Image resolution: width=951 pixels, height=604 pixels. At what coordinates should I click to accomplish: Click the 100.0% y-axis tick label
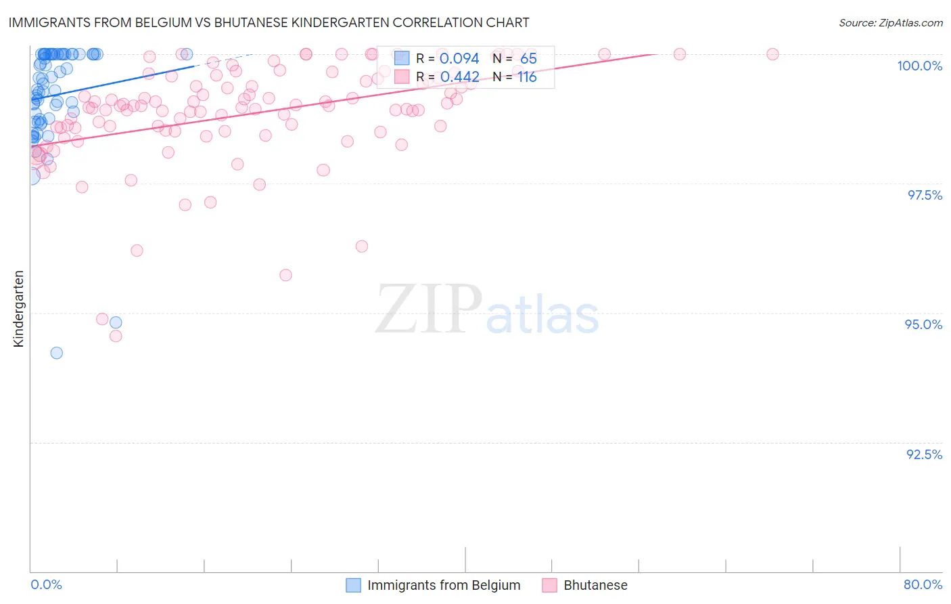tap(919, 66)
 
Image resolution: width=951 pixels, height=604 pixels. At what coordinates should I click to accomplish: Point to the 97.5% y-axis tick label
tap(925, 195)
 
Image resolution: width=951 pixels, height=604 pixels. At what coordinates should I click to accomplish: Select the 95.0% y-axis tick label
tap(923, 324)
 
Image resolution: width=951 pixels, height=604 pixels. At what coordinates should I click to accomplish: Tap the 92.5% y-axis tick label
tap(924, 454)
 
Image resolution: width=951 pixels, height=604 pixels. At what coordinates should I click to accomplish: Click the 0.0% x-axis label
tap(46, 584)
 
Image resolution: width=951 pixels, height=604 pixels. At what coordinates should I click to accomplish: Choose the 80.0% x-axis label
tap(923, 584)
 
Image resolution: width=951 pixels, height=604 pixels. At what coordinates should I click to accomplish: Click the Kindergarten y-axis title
tap(18, 309)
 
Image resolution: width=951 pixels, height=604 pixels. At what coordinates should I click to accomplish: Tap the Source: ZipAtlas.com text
tap(890, 22)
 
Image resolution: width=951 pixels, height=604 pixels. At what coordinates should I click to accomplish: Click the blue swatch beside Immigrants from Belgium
tap(353, 585)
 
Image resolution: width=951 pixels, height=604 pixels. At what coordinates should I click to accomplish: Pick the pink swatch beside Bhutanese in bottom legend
tap(549, 585)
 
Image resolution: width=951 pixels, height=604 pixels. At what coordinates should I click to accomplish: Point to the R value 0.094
tap(459, 58)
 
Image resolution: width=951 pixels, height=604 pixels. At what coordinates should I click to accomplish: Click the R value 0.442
tap(459, 77)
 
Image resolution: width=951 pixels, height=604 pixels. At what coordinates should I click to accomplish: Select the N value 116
tap(527, 77)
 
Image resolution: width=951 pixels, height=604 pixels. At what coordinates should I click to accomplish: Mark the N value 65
tap(528, 58)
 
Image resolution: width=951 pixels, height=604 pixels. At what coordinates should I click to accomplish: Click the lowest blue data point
tap(57, 353)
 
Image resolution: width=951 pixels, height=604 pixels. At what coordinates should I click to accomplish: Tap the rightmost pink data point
tap(772, 54)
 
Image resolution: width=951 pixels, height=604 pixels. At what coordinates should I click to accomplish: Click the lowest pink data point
tap(116, 336)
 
